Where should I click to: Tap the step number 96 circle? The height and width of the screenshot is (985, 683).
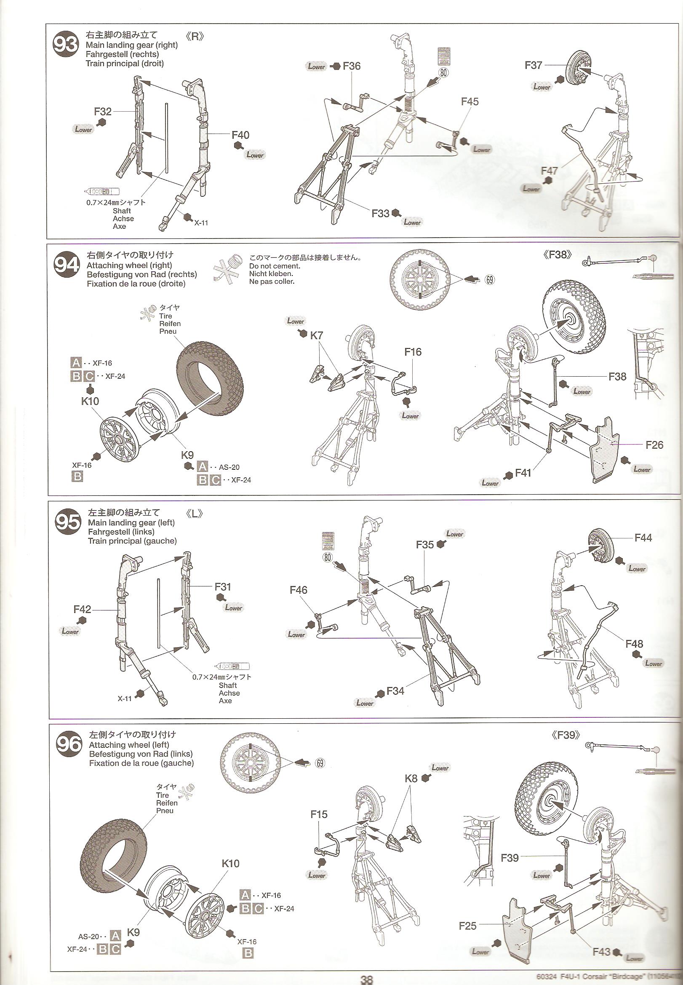(x=69, y=745)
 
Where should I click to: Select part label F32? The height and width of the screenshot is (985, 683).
(x=103, y=112)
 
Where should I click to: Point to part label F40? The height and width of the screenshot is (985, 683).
(x=240, y=135)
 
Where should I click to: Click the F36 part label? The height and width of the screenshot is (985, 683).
(x=352, y=66)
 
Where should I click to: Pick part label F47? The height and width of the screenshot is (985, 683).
(x=549, y=170)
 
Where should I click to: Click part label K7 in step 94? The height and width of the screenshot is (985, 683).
(x=316, y=336)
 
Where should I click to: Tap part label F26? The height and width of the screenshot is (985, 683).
(x=654, y=445)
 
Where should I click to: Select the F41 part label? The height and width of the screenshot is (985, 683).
(x=523, y=473)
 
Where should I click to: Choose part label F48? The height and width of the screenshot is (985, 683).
(x=634, y=643)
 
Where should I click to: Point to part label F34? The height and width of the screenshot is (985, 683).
(x=395, y=691)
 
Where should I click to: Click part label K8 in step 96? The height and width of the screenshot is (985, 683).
(x=411, y=778)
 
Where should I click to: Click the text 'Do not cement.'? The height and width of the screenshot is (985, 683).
(x=275, y=266)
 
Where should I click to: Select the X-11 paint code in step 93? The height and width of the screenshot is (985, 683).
(x=201, y=222)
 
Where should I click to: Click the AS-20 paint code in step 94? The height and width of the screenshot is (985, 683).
(x=229, y=468)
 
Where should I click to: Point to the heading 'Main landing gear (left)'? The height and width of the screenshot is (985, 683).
(x=131, y=522)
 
